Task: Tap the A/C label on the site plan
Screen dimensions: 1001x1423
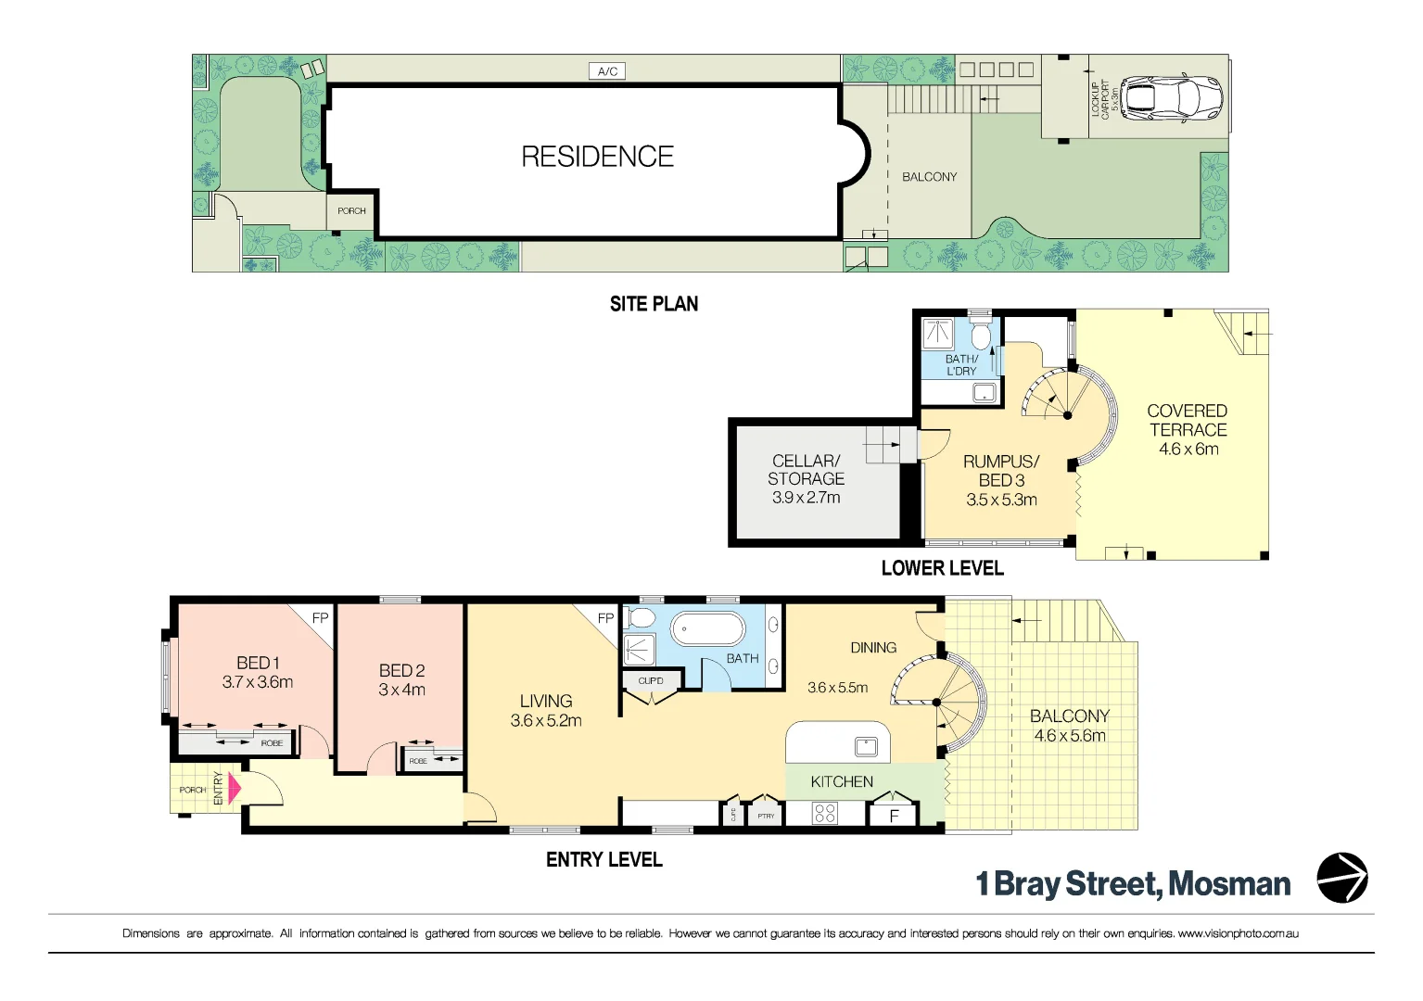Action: click(x=607, y=71)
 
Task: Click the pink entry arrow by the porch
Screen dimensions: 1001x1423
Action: click(x=234, y=789)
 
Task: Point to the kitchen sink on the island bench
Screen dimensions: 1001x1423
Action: click(x=866, y=745)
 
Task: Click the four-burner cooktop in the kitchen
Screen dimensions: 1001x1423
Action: click(x=824, y=814)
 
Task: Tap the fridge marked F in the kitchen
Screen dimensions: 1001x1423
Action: click(x=894, y=816)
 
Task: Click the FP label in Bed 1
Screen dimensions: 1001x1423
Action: click(x=320, y=618)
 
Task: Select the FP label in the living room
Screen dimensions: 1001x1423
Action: click(x=605, y=618)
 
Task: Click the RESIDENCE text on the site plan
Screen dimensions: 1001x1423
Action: click(x=597, y=157)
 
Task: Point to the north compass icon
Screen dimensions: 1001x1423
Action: click(x=1342, y=878)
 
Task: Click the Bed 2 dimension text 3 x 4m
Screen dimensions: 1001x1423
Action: click(x=401, y=691)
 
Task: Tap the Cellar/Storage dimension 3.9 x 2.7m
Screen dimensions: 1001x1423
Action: click(x=806, y=498)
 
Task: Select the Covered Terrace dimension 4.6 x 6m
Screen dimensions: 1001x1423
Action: click(x=1188, y=450)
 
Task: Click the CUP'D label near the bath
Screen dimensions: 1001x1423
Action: click(x=651, y=681)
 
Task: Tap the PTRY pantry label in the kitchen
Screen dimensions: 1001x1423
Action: click(x=766, y=817)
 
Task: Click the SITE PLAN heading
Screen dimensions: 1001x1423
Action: click(x=654, y=304)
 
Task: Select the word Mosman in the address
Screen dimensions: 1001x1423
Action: click(x=1229, y=884)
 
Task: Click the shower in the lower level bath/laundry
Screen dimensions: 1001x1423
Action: click(x=938, y=334)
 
